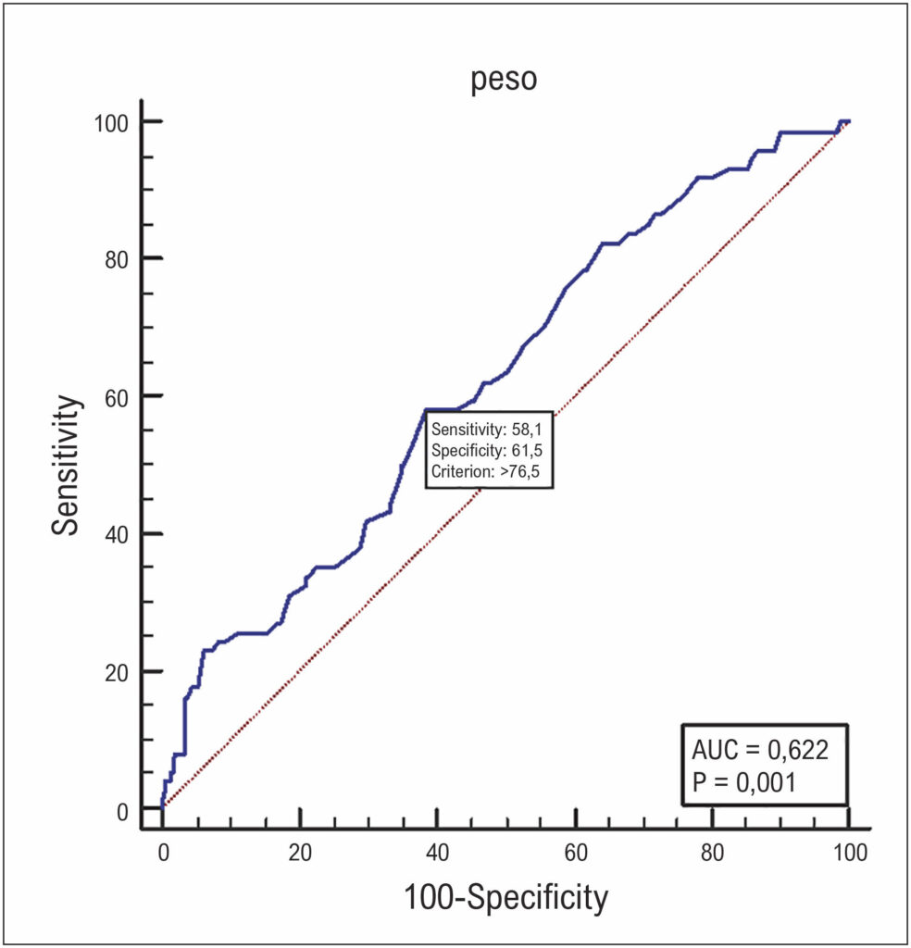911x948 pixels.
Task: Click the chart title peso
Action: (x=505, y=81)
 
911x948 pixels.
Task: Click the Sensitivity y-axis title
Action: (x=66, y=465)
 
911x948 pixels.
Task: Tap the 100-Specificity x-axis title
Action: (x=505, y=897)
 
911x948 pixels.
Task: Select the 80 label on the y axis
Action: (x=118, y=260)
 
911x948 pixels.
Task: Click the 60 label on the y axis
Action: (x=118, y=398)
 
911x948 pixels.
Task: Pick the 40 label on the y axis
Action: (x=118, y=535)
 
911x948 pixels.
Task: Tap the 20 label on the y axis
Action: (x=118, y=673)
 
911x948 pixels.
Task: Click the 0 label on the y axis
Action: (x=123, y=812)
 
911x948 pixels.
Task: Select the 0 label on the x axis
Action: (x=163, y=853)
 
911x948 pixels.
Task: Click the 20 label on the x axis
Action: (x=300, y=853)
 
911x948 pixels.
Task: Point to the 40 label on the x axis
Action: (x=437, y=853)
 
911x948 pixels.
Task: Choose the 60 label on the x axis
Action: (x=576, y=853)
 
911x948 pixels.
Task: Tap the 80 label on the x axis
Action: (x=713, y=853)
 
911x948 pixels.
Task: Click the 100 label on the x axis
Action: (x=850, y=853)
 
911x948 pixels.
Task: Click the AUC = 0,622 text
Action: (x=760, y=750)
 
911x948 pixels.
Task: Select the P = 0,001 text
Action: (x=743, y=782)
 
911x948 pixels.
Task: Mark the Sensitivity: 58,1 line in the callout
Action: (x=487, y=430)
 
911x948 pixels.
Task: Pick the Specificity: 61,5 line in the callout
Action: (x=487, y=451)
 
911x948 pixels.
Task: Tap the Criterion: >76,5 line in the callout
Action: (x=485, y=471)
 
